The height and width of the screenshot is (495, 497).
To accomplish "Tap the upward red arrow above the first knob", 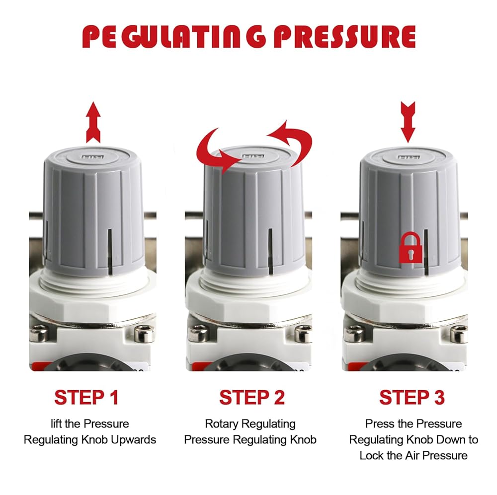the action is tap(93, 122).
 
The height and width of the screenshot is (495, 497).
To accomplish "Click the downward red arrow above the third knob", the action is tap(408, 122).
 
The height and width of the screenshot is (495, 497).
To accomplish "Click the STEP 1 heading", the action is tap(86, 397).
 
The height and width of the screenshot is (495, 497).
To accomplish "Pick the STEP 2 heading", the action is tap(252, 397).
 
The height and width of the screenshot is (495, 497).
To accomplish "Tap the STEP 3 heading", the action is tap(412, 397).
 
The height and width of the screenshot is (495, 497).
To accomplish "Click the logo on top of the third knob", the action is tap(407, 157).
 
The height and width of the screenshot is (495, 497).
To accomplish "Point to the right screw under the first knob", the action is tap(144, 334).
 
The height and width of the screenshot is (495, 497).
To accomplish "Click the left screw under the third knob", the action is tap(354, 334).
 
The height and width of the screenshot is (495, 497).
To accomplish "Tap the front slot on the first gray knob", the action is tap(110, 251).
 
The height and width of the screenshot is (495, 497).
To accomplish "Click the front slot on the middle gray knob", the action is tap(271, 251).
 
